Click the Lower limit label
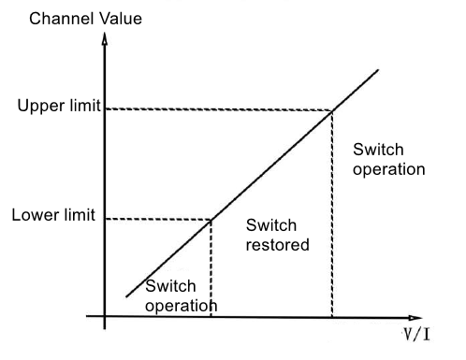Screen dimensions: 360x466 click(x=53, y=215)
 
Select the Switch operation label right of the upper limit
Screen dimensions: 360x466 click(x=388, y=160)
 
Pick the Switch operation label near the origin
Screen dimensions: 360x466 click(x=181, y=295)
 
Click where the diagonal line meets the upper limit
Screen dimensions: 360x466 click(x=332, y=111)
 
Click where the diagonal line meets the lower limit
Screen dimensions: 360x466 click(x=210, y=220)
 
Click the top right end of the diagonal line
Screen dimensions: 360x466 click(x=379, y=68)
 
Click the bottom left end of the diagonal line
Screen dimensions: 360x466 click(x=126, y=296)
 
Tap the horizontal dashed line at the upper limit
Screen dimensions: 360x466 click(x=215, y=110)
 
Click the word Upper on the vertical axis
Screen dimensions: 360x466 click(x=38, y=105)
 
